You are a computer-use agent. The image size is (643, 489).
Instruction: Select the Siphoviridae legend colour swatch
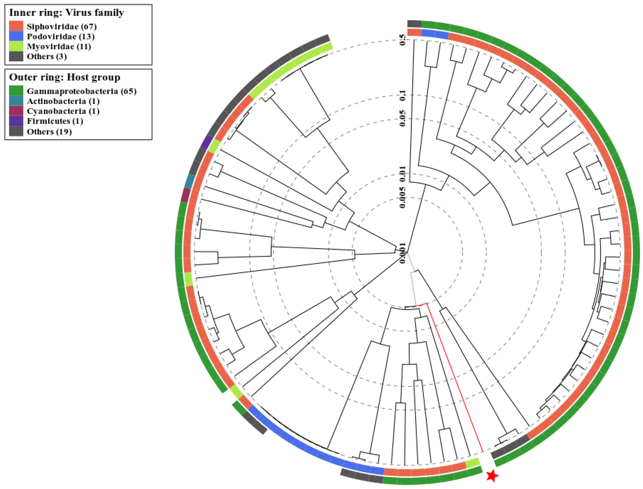point(16,26)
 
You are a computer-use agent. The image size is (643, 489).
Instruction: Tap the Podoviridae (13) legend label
point(61,36)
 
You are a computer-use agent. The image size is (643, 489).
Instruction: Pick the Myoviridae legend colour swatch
point(16,46)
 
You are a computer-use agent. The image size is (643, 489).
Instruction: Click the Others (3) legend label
point(47,56)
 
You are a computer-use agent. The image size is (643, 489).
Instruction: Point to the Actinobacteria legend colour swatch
point(16,101)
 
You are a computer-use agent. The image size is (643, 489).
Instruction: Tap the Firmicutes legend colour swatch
point(16,121)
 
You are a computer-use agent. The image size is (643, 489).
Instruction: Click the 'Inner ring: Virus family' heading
point(66,13)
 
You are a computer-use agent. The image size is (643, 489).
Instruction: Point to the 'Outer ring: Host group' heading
point(65,77)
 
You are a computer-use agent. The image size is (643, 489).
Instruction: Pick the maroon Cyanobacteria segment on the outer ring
point(186,195)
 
